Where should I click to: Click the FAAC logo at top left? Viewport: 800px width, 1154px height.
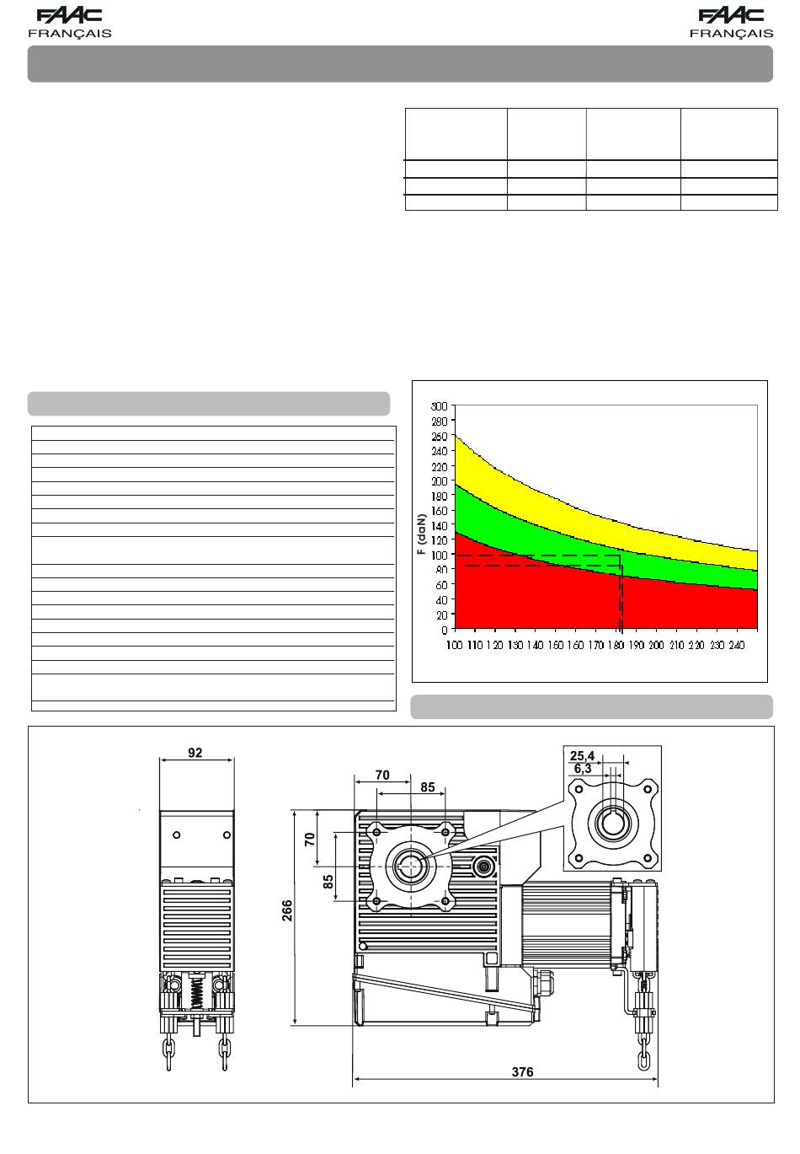click(70, 16)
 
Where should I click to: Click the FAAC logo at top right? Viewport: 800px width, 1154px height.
click(731, 16)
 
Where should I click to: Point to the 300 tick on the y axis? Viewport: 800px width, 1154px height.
click(439, 406)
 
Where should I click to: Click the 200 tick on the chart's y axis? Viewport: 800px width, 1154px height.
click(439, 481)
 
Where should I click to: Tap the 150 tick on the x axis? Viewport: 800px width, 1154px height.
click(556, 645)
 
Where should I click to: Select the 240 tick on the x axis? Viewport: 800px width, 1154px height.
click(737, 645)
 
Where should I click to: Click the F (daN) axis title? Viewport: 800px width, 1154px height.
click(422, 534)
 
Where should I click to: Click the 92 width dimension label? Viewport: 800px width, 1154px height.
click(195, 753)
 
